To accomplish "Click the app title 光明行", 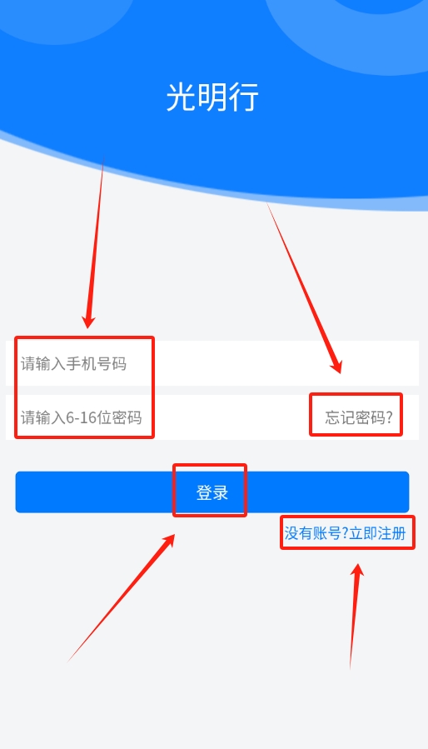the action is pyautogui.click(x=212, y=97).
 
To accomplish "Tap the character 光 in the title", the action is pyautogui.click(x=181, y=97).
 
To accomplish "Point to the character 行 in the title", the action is pyautogui.click(x=244, y=97).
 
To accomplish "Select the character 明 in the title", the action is pyautogui.click(x=212, y=97).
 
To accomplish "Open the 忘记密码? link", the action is pyautogui.click(x=359, y=417).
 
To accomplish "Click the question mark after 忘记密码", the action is pyautogui.click(x=389, y=417).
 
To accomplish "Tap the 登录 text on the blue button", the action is pyautogui.click(x=212, y=492).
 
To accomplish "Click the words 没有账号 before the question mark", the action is pyautogui.click(x=313, y=533).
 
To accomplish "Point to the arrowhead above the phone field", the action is pyautogui.click(x=89, y=321).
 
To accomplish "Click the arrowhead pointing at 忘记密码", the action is pyautogui.click(x=336, y=366).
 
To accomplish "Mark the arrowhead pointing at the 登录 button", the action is pyautogui.click(x=168, y=541).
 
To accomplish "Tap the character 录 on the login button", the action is pyautogui.click(x=220, y=492).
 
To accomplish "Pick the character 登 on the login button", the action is pyautogui.click(x=204, y=492).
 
